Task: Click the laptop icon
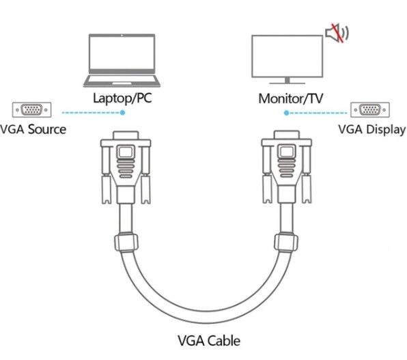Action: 122,60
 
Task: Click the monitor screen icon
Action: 287,59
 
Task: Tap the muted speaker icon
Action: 337,33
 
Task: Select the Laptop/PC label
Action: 122,98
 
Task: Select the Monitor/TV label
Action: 291,98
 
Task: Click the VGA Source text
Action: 33,129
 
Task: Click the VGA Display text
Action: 372,130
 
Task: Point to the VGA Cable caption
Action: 209,340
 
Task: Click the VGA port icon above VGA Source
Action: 31,109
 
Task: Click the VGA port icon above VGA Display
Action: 370,109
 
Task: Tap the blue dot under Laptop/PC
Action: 123,113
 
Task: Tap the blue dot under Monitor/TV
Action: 286,113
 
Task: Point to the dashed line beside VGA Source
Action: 91,113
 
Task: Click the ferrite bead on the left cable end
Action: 126,243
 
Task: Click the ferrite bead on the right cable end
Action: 286,242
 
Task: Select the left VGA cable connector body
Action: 126,167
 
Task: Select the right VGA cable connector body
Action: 287,167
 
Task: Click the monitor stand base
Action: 287,83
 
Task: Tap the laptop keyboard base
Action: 122,81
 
